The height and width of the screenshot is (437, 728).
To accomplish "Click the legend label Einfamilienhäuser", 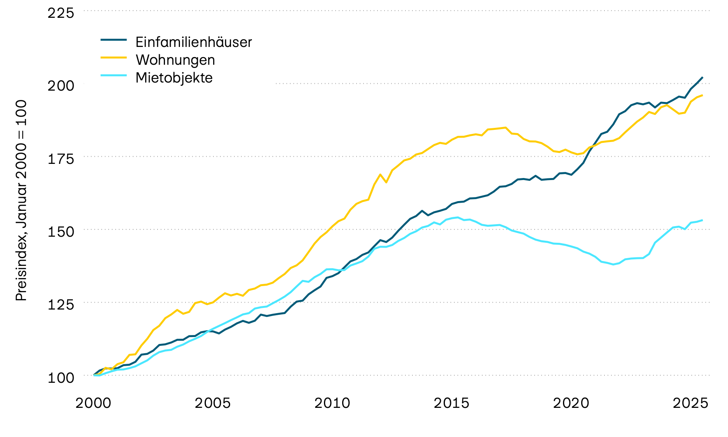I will click(193, 42).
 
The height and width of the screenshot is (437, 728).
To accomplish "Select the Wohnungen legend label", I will click(175, 60).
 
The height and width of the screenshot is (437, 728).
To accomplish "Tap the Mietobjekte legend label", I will click(174, 78).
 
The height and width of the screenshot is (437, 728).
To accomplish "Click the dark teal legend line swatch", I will click(114, 40).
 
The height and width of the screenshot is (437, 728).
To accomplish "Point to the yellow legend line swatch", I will click(114, 57).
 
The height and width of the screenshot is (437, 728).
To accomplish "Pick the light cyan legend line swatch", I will click(114, 75).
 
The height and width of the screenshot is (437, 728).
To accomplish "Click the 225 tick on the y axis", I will click(61, 13).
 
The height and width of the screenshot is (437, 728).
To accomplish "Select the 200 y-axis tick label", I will click(61, 86).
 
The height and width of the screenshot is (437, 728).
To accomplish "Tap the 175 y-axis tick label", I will click(61, 159).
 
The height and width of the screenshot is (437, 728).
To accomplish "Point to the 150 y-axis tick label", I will click(61, 231).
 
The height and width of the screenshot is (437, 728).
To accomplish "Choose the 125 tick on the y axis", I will click(61, 304).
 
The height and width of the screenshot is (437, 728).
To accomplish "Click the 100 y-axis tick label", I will click(61, 378).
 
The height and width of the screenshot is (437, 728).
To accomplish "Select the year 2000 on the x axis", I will click(93, 403).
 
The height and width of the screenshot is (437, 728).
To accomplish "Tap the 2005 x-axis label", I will click(213, 403).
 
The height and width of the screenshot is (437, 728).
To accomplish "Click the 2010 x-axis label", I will click(332, 403).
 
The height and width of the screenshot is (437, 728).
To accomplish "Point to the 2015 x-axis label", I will click(451, 403).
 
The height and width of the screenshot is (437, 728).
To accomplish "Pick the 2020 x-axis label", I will click(571, 403).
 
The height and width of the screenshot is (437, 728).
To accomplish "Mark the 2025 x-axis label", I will click(690, 403).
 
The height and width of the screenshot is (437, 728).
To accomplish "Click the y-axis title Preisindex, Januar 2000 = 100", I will click(21, 200).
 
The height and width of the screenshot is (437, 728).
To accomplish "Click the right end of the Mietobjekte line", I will click(702, 220).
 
